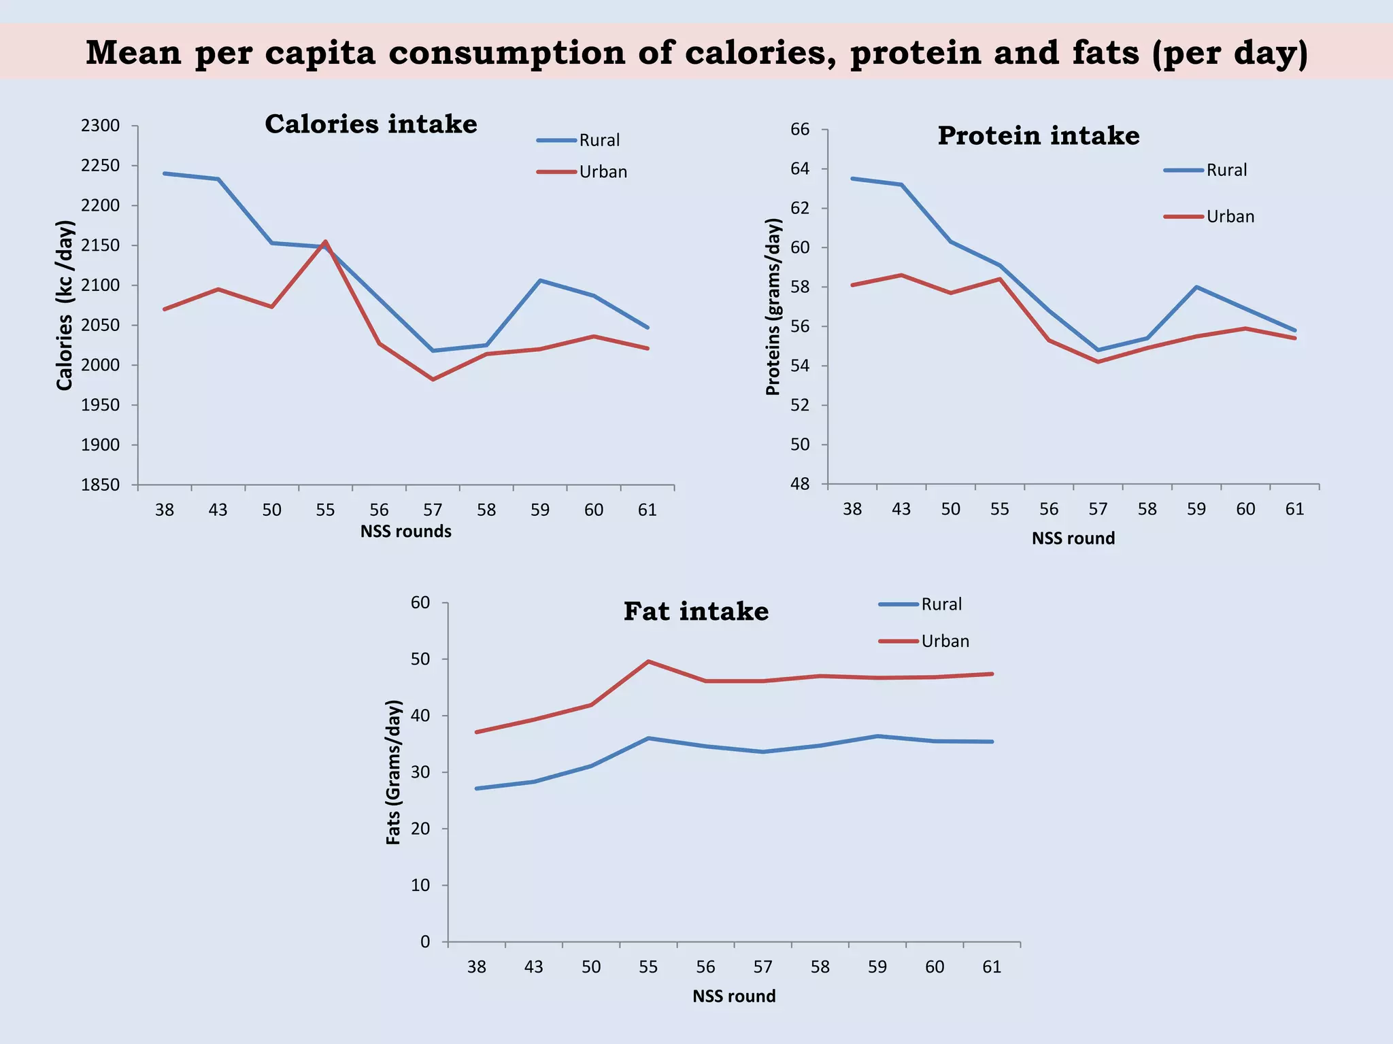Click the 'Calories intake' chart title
(371, 124)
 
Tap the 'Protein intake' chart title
(1038, 136)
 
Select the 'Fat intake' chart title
(696, 612)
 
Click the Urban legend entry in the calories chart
(603, 172)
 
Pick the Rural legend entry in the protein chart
(1226, 170)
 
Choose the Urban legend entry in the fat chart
(945, 641)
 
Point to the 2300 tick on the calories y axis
(100, 126)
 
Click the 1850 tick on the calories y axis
(100, 485)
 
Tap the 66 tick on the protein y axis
(800, 129)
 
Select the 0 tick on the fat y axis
(425, 942)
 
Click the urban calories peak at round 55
(325, 241)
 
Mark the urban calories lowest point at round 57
(433, 379)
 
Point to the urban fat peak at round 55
(648, 661)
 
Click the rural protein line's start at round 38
(852, 179)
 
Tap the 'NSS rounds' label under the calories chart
(405, 532)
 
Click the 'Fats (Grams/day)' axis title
(393, 772)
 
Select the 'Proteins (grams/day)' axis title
(773, 307)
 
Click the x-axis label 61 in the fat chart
(992, 967)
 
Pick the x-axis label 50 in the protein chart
(950, 509)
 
